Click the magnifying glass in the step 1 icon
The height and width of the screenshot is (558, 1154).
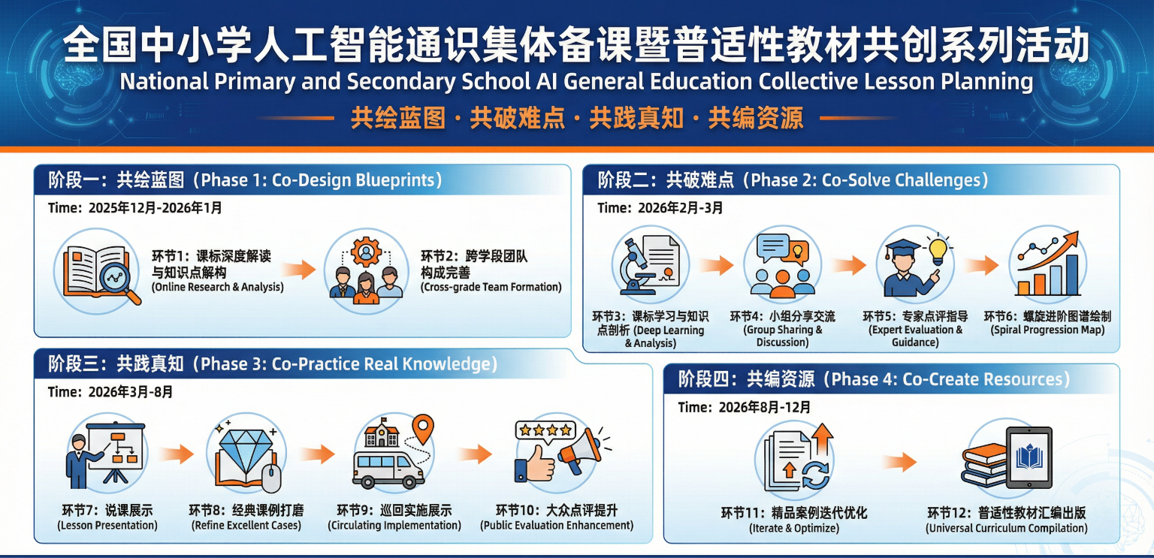coord(119,281)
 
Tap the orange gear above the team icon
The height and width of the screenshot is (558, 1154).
coord(367,252)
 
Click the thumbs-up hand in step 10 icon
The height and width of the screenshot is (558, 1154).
coord(534,465)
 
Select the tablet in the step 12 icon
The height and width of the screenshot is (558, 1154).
coord(1029,457)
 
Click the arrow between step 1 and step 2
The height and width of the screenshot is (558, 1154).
coord(299,270)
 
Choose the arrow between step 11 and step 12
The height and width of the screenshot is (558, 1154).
coord(899,461)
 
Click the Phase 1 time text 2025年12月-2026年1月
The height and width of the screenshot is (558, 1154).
coord(155,208)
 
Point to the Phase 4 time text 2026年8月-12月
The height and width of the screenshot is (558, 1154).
coord(765,408)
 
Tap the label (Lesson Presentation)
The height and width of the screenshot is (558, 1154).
coord(107,526)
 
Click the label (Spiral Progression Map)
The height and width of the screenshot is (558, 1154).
coord(1047,330)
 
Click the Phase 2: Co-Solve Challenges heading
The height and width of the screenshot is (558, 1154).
coord(869,180)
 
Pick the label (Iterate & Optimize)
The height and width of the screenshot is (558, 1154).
coord(794,528)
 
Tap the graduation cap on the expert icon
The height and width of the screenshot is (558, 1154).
coord(902,248)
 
